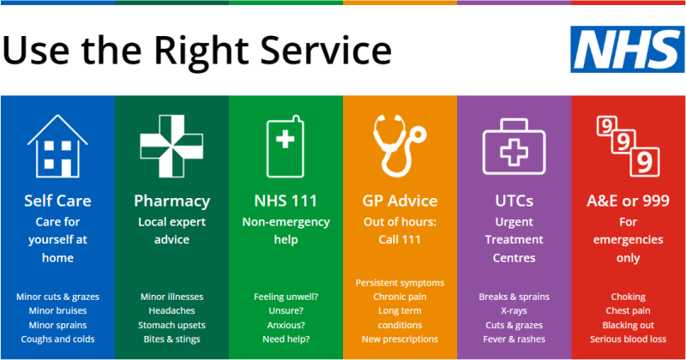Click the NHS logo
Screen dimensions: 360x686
[623, 48]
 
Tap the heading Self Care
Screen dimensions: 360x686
[57, 201]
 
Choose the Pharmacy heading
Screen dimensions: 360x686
[171, 201]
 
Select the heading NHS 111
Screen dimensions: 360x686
[286, 201]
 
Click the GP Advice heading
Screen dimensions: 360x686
[400, 201]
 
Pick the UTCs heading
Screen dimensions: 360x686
[514, 201]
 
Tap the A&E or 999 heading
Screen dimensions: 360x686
[628, 201]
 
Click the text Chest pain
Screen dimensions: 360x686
[628, 311]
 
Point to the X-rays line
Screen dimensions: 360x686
[514, 311]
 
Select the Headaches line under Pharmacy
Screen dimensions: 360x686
[171, 311]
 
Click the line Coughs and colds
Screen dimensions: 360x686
[57, 339]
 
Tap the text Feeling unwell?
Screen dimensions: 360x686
[286, 297]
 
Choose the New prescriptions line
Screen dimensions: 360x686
[400, 339]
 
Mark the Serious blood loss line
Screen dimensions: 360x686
[628, 339]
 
